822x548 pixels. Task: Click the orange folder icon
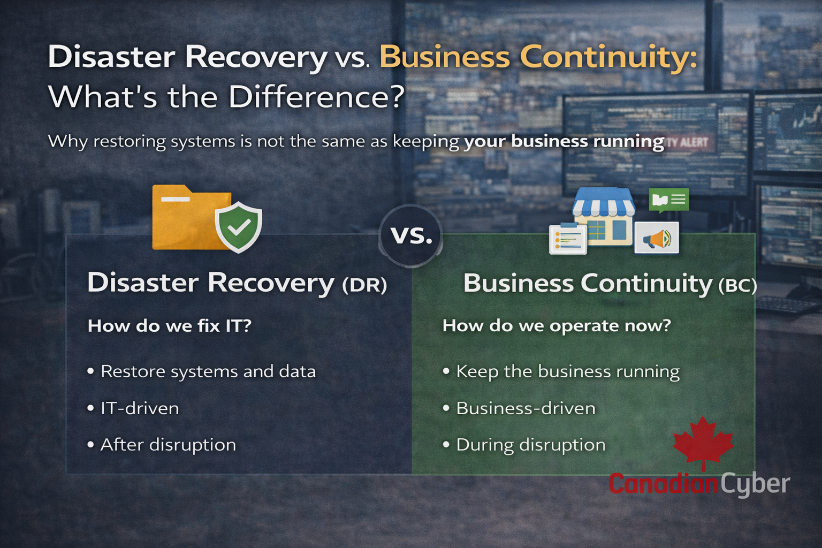pyautogui.click(x=187, y=217)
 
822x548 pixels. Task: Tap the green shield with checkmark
pyautogui.click(x=238, y=227)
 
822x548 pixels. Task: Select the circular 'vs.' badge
pyautogui.click(x=410, y=235)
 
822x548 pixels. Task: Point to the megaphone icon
pyautogui.click(x=657, y=238)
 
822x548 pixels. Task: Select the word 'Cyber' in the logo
pyautogui.click(x=755, y=484)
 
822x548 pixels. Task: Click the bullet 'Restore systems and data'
pyautogui.click(x=201, y=371)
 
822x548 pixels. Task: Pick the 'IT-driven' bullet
pyautogui.click(x=133, y=408)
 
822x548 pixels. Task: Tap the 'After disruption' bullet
pyautogui.click(x=162, y=445)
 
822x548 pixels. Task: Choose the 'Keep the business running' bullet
pyautogui.click(x=561, y=371)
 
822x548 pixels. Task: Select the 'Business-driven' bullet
pyautogui.click(x=519, y=408)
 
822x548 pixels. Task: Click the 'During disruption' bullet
pyautogui.click(x=524, y=445)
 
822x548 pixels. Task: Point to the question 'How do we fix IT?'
pyautogui.click(x=170, y=326)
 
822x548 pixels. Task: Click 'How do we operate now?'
pyautogui.click(x=557, y=326)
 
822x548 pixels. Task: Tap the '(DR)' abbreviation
pyautogui.click(x=364, y=285)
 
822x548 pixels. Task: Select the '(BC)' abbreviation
pyautogui.click(x=737, y=286)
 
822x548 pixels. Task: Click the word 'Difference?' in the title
pyautogui.click(x=317, y=96)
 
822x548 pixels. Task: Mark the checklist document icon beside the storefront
pyautogui.click(x=568, y=239)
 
